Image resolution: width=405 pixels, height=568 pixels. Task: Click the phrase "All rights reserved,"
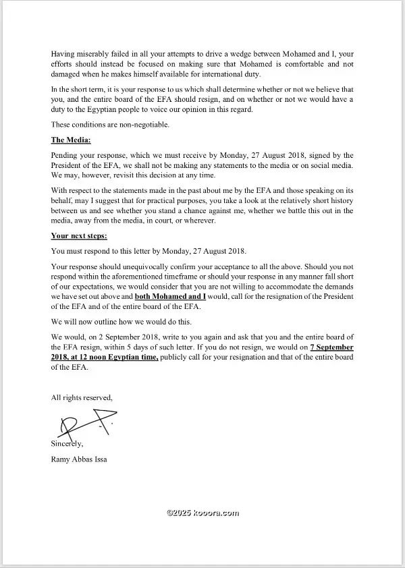coord(82,399)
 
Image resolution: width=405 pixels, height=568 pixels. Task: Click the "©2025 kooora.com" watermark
coord(202,513)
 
